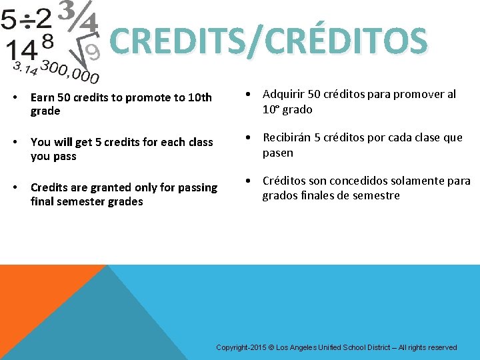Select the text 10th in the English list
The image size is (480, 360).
[x=200, y=98]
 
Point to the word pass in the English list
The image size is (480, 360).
[x=63, y=157]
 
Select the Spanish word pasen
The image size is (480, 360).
[x=278, y=153]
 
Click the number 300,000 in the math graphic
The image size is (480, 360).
[x=69, y=71]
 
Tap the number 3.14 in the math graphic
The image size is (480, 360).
[x=25, y=67]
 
